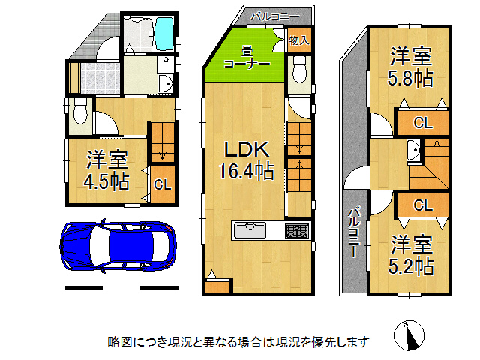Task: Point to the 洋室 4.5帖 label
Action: [106, 170]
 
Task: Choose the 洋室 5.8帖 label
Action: [410, 66]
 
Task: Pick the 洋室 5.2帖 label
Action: [410, 255]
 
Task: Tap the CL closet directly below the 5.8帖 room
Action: [422, 123]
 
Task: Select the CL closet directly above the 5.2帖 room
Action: [422, 204]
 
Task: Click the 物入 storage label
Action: [298, 40]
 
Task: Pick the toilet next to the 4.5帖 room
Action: [80, 115]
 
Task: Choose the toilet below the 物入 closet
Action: [298, 71]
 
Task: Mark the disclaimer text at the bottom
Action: [238, 342]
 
